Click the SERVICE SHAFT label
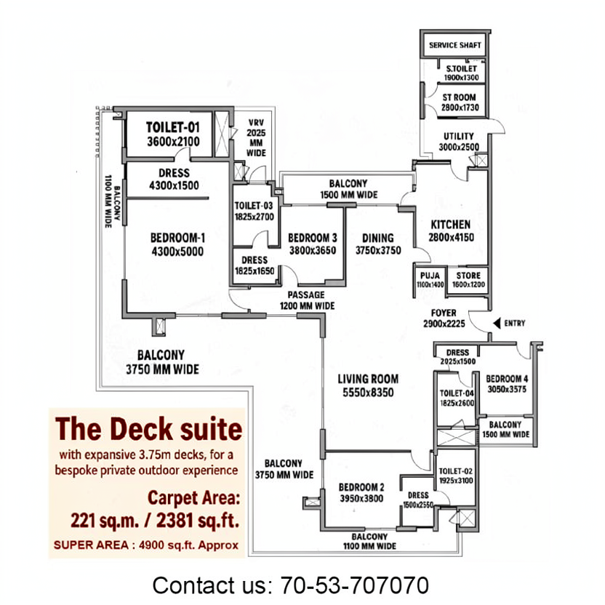point(455,45)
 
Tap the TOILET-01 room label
point(173,127)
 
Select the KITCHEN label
point(451,225)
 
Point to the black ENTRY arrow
point(497,323)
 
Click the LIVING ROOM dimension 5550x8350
point(368,393)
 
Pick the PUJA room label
point(430,276)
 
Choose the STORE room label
point(468,276)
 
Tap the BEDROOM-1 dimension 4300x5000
point(177,252)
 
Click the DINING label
point(378,238)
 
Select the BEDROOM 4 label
point(507,379)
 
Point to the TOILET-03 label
point(254,206)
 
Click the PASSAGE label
point(306,295)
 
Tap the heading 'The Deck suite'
point(148,429)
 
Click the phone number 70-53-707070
point(355,585)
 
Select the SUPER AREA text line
point(146,545)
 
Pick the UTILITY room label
point(459,137)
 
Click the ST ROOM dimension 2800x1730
point(460,108)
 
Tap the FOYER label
point(444,313)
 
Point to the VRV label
point(256,123)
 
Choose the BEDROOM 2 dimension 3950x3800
point(361,499)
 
